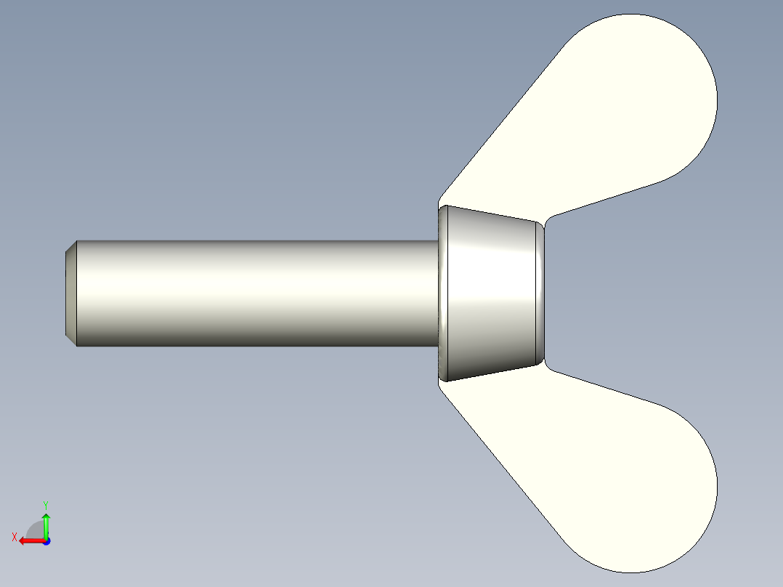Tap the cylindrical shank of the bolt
[x=254, y=291]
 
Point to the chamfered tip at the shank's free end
[x=70, y=293]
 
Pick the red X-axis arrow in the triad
[x=29, y=541]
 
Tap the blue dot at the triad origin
[x=46, y=541]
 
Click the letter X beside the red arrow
[x=14, y=537]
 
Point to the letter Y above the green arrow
[x=45, y=504]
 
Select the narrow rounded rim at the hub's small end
[x=540, y=293]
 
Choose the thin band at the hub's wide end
[x=443, y=293]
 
